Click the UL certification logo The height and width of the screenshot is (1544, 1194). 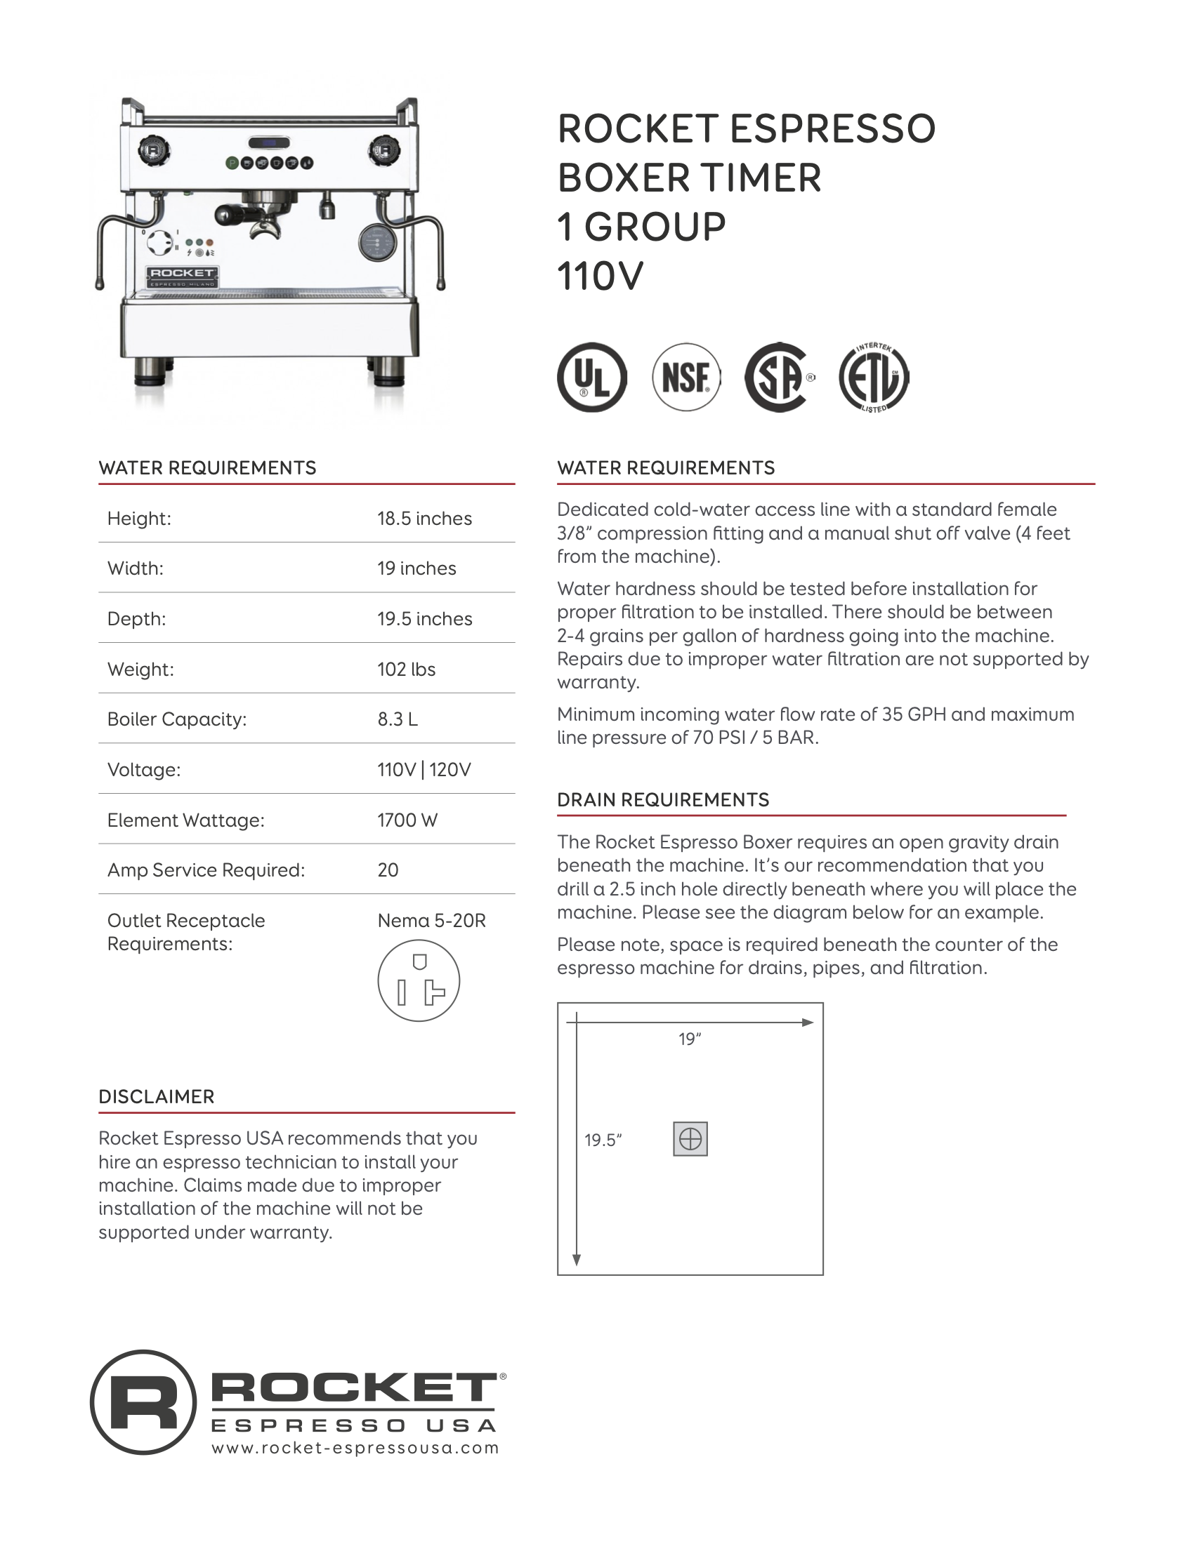[x=591, y=377]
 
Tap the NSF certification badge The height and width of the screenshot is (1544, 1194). [x=685, y=377]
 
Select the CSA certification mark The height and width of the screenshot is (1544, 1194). [x=778, y=377]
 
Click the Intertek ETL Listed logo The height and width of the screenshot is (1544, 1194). [x=874, y=378]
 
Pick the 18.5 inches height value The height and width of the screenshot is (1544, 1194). [x=424, y=518]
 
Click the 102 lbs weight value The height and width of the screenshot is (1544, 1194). [x=406, y=669]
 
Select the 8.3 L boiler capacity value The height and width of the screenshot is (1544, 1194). [x=397, y=719]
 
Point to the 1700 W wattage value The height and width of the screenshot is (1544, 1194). [x=407, y=820]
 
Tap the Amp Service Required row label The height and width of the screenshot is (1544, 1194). [x=206, y=870]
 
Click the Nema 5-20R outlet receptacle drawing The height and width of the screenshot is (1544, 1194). [x=418, y=980]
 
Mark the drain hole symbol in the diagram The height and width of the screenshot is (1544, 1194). [x=690, y=1139]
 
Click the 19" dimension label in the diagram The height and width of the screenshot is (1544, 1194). [x=689, y=1039]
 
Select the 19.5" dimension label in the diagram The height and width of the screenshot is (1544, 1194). [x=602, y=1140]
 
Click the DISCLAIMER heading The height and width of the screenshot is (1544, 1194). [x=157, y=1096]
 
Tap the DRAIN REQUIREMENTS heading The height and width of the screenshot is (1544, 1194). [x=662, y=799]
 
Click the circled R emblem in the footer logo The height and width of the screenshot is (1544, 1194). [x=143, y=1403]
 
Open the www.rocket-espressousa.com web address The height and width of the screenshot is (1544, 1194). [x=355, y=1448]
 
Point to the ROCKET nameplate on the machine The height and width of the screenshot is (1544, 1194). [x=182, y=275]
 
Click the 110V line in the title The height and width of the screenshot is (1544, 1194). [x=600, y=276]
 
